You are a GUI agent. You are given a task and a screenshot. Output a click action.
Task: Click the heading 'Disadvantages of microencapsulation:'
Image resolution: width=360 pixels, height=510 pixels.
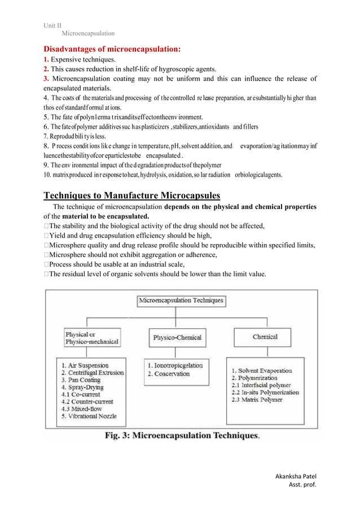coord(112,49)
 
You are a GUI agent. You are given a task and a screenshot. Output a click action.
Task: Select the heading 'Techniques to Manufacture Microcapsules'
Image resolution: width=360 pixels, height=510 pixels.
coord(132,196)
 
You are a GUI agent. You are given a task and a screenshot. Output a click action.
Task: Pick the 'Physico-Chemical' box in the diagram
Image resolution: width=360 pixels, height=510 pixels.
coord(177,337)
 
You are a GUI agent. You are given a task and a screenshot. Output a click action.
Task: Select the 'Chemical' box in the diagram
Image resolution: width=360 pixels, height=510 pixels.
coord(265,337)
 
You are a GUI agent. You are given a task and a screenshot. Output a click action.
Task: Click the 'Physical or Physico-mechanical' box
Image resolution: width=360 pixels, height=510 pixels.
coord(92,338)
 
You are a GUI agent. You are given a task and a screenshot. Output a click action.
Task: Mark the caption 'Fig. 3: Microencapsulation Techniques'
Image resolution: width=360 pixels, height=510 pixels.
coord(182,436)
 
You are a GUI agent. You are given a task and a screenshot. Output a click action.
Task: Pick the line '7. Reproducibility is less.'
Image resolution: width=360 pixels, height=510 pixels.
coord(74,137)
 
